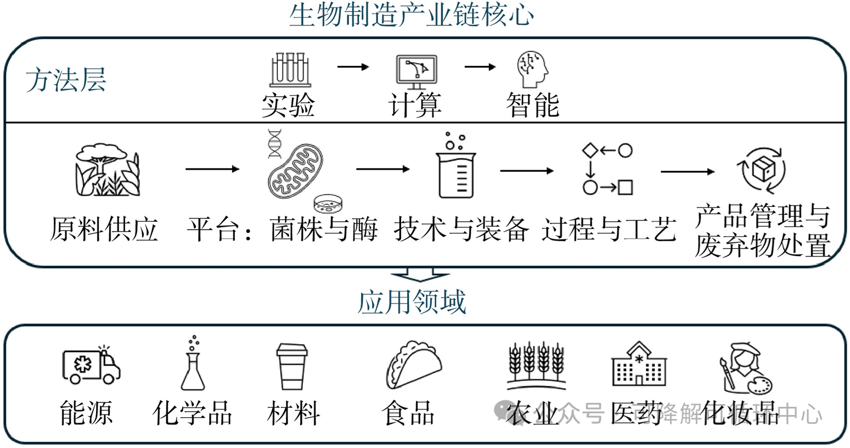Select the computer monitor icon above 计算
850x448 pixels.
[416, 72]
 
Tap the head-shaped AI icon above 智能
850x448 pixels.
[532, 70]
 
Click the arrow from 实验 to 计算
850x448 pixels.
[353, 67]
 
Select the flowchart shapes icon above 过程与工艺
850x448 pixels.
[607, 169]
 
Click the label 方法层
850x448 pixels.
[66, 80]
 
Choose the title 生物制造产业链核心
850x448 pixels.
[412, 15]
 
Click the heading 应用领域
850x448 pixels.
[412, 302]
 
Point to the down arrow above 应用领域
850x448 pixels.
[420, 274]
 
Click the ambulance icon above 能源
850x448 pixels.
[91, 366]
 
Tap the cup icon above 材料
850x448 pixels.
[292, 366]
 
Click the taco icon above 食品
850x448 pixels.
[414, 364]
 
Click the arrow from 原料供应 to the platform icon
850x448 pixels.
[212, 169]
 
